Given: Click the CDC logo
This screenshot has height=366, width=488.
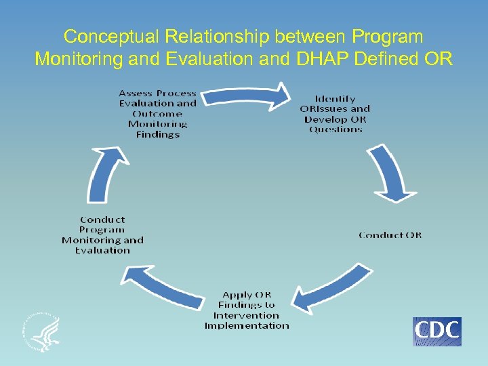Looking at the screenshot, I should point(437,331).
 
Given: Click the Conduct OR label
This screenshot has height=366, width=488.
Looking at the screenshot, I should point(390,235).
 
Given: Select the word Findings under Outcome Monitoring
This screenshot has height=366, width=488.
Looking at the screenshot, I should point(157,134).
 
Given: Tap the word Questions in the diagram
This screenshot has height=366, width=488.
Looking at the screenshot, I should point(335,129).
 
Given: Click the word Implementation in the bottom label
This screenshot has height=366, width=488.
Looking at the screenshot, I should point(247,325).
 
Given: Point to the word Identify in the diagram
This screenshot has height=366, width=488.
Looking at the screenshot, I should point(335,98).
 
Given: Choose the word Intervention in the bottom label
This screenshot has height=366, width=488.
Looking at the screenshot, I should point(247,315).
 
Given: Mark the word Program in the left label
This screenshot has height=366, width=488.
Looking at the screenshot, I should point(102,230).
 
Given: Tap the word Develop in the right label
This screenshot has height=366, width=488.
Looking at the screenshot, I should point(323,119).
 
